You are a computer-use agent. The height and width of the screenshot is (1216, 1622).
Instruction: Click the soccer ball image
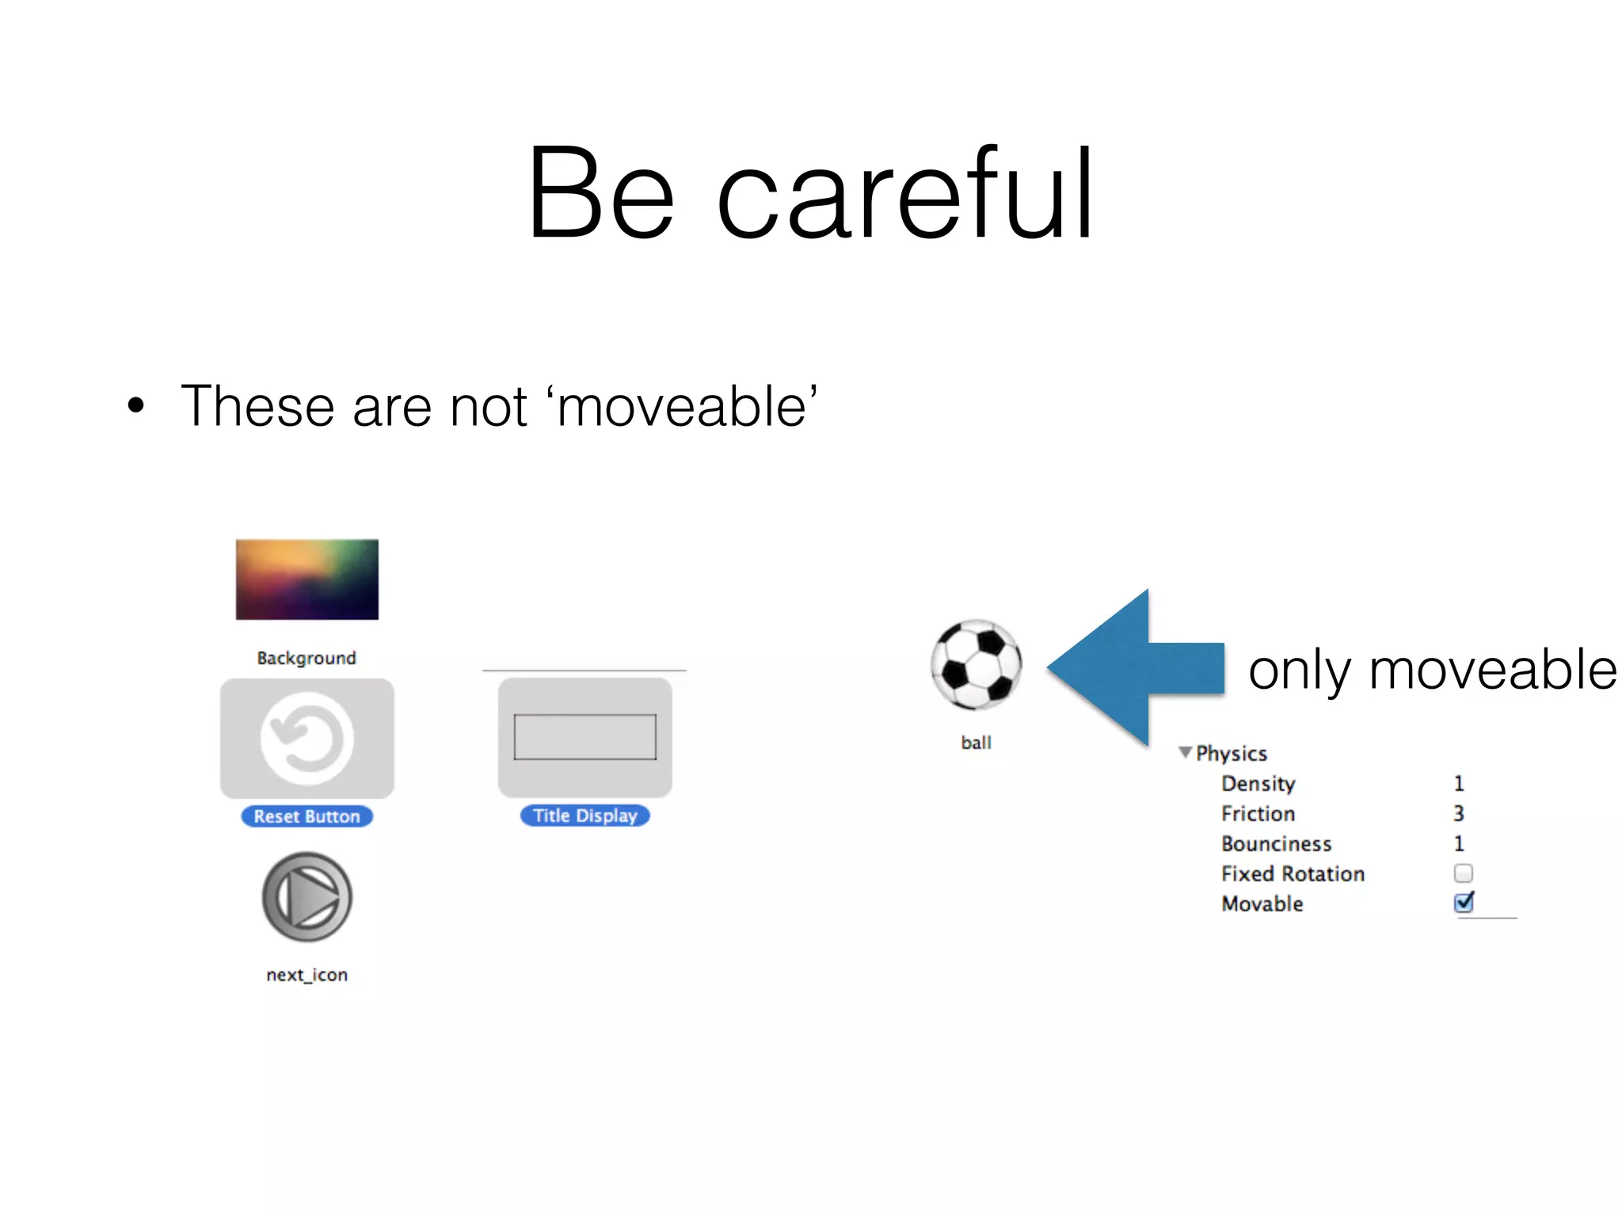[x=976, y=664]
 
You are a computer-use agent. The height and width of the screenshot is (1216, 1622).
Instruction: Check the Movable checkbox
[x=1464, y=902]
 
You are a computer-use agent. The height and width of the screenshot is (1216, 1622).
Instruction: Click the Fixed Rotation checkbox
[x=1464, y=873]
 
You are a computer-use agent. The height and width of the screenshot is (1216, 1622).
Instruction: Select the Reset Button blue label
[x=307, y=816]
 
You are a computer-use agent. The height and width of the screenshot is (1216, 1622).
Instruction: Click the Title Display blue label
[x=584, y=815]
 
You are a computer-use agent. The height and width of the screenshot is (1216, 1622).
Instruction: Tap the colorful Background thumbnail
[x=307, y=579]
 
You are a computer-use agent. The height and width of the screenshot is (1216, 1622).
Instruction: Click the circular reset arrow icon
[x=307, y=739]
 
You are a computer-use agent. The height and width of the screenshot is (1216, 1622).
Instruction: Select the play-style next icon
[x=307, y=897]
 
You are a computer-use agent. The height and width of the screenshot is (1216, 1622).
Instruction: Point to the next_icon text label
[x=307, y=975]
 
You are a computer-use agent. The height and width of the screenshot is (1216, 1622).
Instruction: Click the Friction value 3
[x=1459, y=813]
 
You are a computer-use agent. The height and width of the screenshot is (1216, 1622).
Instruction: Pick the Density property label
[x=1258, y=784]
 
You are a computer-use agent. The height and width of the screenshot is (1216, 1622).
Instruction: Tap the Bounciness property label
[x=1276, y=844]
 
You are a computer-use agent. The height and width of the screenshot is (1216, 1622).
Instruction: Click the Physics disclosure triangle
[x=1185, y=752]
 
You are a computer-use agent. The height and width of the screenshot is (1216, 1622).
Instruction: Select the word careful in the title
[x=905, y=194]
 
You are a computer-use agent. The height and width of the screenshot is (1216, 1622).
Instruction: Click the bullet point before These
[x=136, y=405]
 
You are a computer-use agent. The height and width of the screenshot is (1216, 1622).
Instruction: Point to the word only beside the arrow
[x=1299, y=671]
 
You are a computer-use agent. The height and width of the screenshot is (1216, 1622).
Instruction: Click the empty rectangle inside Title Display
[x=585, y=737]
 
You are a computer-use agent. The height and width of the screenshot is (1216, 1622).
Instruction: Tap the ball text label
[x=976, y=743]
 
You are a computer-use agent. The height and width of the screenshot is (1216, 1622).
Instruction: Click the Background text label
[x=307, y=658]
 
